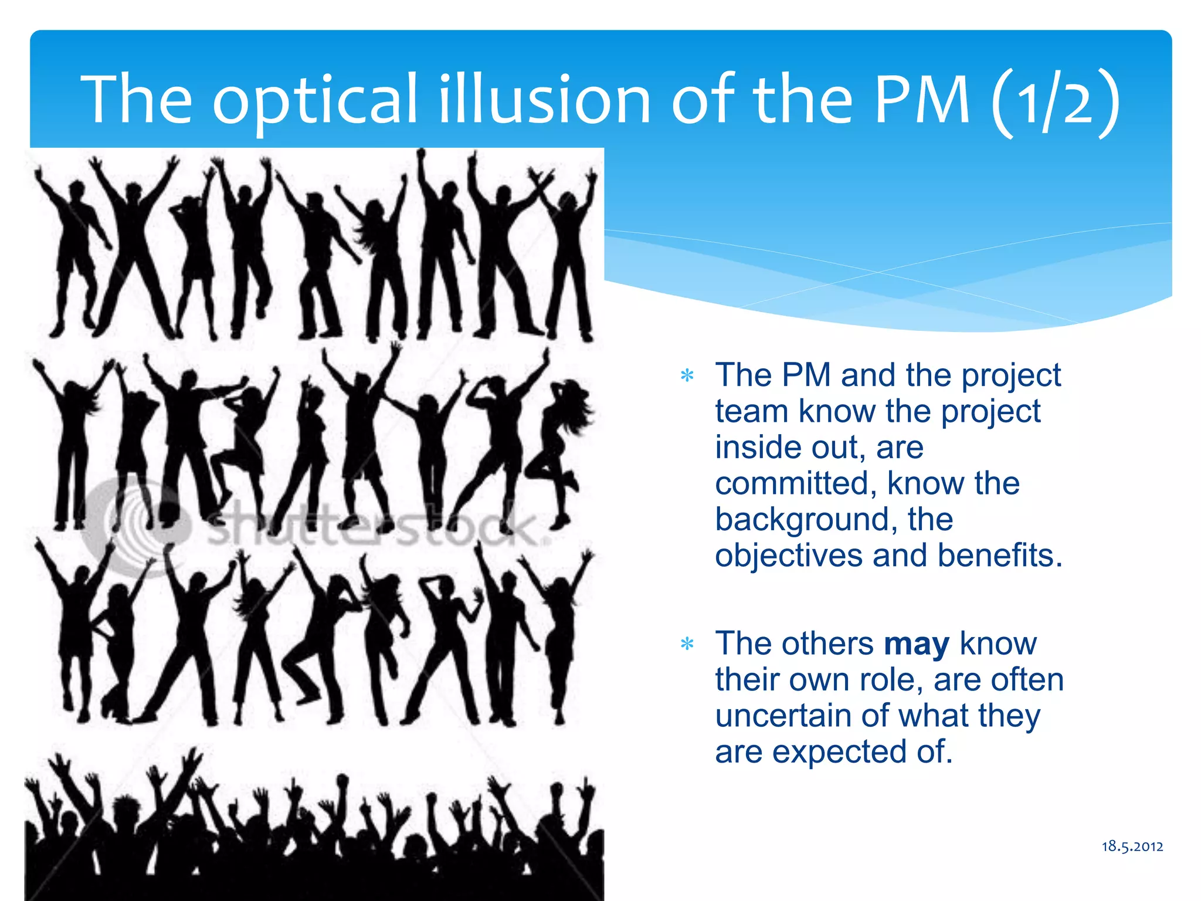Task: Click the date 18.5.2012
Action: point(1132,846)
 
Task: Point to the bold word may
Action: point(917,644)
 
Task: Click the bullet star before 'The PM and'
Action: point(687,376)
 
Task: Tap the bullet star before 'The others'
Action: point(687,645)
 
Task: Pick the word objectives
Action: point(789,556)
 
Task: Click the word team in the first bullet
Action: point(751,412)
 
